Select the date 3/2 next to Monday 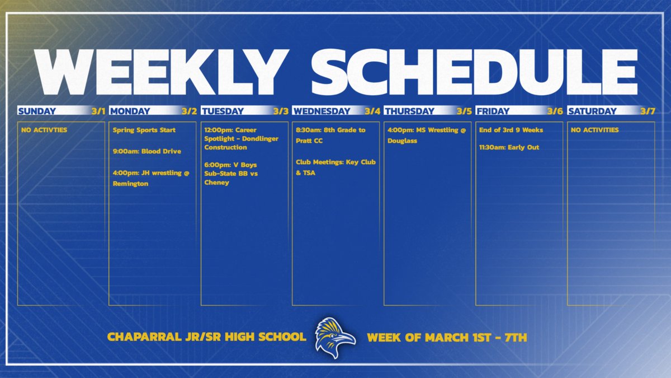(x=189, y=111)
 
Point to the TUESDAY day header (x=223, y=111)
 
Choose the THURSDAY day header (x=409, y=111)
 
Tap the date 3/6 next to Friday (x=555, y=111)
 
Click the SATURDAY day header (x=592, y=111)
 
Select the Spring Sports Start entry (x=144, y=130)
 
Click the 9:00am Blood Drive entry (x=147, y=151)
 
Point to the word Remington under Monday (x=131, y=183)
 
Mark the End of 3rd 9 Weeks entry (x=511, y=130)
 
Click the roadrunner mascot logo (x=334, y=338)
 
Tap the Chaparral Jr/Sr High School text (x=207, y=338)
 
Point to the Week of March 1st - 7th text (x=447, y=338)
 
